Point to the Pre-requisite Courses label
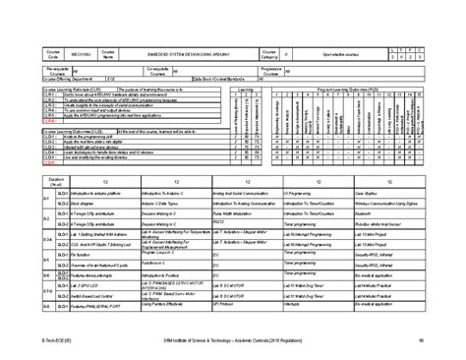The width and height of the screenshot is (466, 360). click(56, 71)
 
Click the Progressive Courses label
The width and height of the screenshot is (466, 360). click(274, 71)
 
